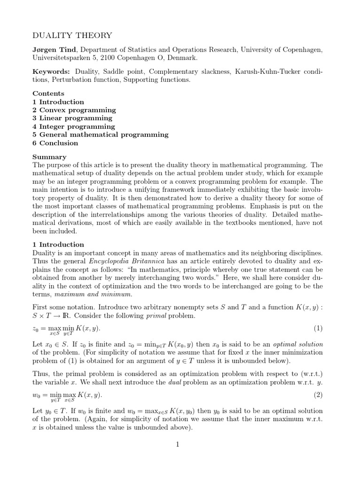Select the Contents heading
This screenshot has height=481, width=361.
click(x=48, y=93)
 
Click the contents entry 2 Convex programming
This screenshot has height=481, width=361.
click(x=74, y=110)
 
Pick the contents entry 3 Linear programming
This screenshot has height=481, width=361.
click(x=72, y=118)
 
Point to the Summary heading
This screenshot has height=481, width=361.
click(x=49, y=157)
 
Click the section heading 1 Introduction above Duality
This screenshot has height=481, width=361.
click(x=58, y=244)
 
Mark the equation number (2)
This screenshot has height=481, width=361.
click(x=318, y=395)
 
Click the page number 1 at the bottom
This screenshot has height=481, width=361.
click(x=178, y=444)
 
